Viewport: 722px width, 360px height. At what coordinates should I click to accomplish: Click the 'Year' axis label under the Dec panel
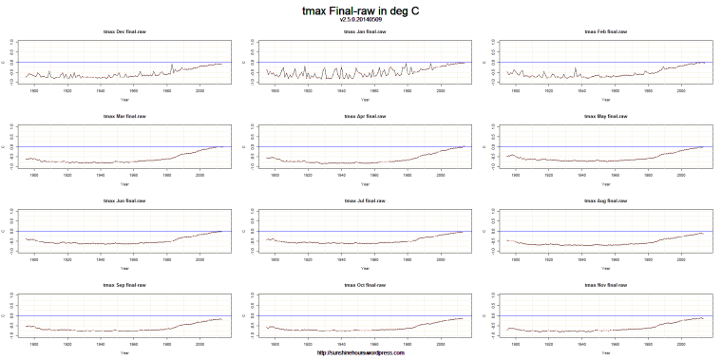click(x=124, y=100)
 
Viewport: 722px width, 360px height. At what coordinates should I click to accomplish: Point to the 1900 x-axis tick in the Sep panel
click(x=35, y=343)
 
